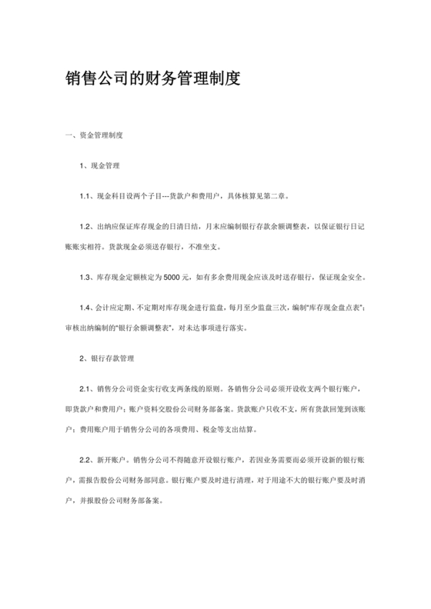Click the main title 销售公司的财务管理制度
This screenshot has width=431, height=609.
click(154, 79)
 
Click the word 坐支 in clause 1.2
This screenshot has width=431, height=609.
click(210, 246)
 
